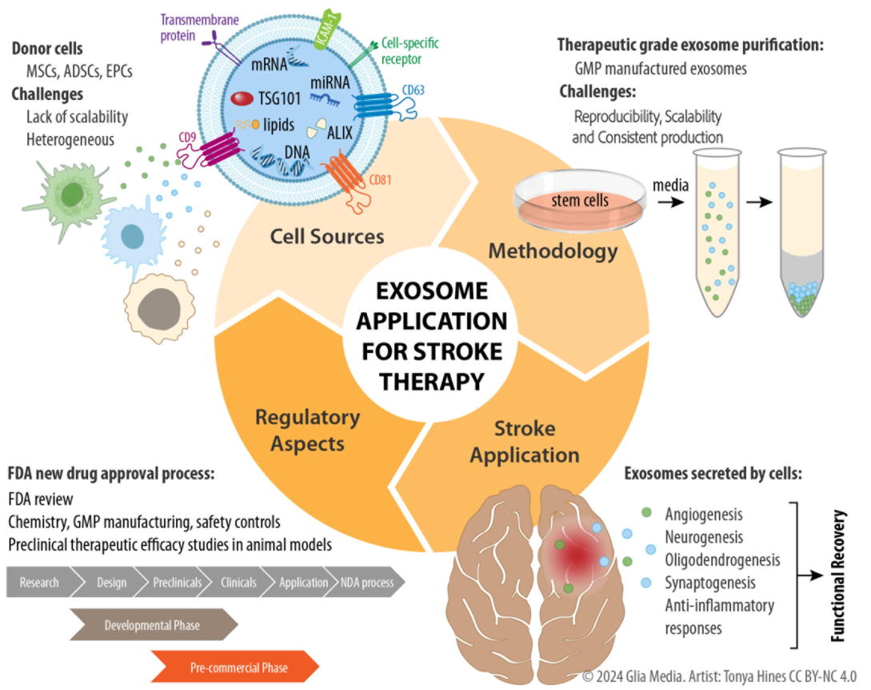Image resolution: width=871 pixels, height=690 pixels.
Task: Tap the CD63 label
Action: (x=413, y=89)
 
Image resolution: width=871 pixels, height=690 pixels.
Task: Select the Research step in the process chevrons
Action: (x=39, y=583)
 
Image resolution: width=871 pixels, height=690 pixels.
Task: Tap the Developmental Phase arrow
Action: (x=152, y=625)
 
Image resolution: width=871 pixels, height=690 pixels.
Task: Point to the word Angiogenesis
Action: (x=704, y=514)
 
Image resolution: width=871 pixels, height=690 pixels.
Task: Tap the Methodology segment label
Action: (x=553, y=251)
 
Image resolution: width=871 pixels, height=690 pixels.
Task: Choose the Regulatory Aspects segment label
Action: (x=307, y=430)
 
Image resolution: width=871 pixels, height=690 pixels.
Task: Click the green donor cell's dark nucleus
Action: (x=73, y=195)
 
